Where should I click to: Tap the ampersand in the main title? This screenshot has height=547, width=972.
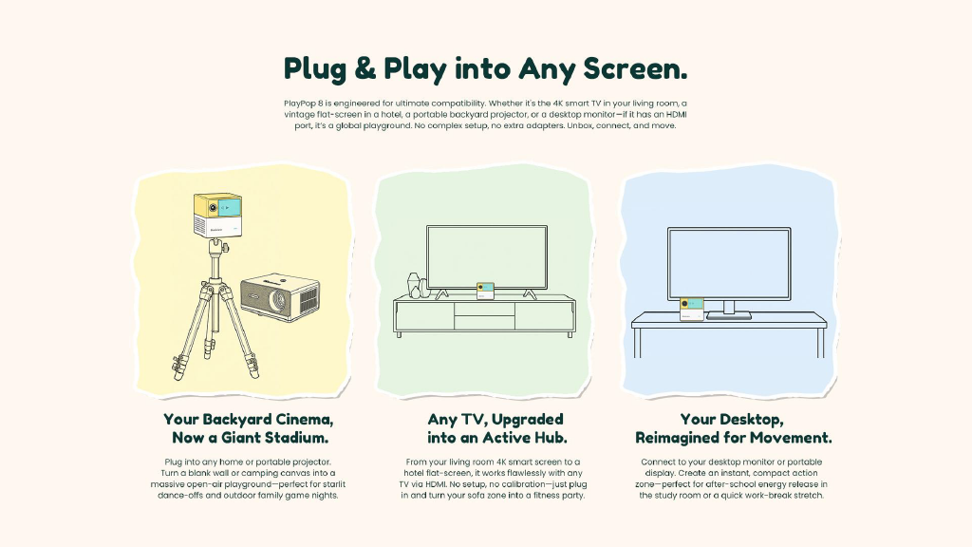point(365,68)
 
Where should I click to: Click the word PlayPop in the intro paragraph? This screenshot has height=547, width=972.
point(300,104)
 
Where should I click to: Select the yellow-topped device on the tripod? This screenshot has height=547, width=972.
point(217,215)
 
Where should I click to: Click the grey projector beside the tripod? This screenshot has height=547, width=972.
point(280,299)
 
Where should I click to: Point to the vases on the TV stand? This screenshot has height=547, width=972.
point(417,285)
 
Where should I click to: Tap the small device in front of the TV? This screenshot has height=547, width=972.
point(485,291)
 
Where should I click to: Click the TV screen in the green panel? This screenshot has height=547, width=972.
point(487,256)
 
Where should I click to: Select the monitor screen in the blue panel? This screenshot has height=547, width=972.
point(729,264)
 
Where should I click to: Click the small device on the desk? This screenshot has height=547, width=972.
point(692,309)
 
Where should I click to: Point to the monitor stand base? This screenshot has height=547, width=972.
point(729,315)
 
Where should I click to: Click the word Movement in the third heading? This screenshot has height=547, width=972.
point(791,438)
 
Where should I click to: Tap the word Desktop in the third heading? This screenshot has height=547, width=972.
point(746,420)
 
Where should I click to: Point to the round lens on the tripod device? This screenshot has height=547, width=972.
point(213,208)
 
